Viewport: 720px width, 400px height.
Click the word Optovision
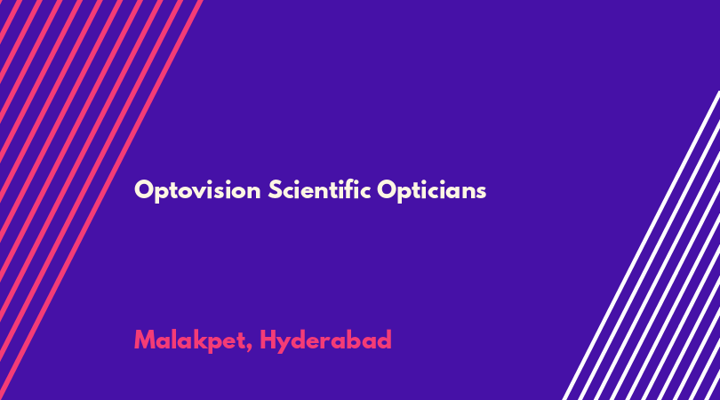click(x=197, y=190)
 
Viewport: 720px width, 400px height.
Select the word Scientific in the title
click(x=319, y=189)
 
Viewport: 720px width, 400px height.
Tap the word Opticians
click(x=432, y=190)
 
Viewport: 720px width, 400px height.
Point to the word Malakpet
click(x=190, y=340)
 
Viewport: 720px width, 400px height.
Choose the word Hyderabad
click(x=325, y=340)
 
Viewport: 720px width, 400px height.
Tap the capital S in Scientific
click(x=275, y=189)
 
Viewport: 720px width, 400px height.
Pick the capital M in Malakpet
click(x=144, y=340)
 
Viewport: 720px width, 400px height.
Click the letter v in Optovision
click(x=211, y=193)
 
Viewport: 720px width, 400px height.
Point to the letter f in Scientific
click(x=349, y=188)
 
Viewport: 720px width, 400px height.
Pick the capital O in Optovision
click(x=144, y=189)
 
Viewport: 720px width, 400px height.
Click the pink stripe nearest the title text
click(x=100, y=200)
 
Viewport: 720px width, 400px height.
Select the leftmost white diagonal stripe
click(x=641, y=245)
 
